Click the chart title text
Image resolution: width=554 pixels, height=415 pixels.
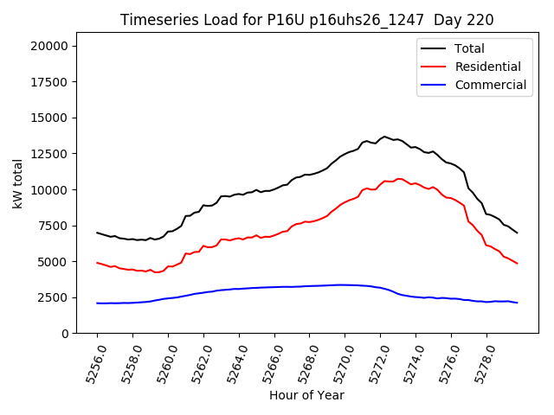[x=306, y=20]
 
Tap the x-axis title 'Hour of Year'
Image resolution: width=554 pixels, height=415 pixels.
[x=306, y=395]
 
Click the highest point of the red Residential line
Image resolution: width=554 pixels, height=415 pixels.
[x=398, y=179]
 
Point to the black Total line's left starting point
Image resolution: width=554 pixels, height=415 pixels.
[x=97, y=233]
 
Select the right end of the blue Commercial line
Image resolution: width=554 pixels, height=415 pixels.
[x=517, y=303]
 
